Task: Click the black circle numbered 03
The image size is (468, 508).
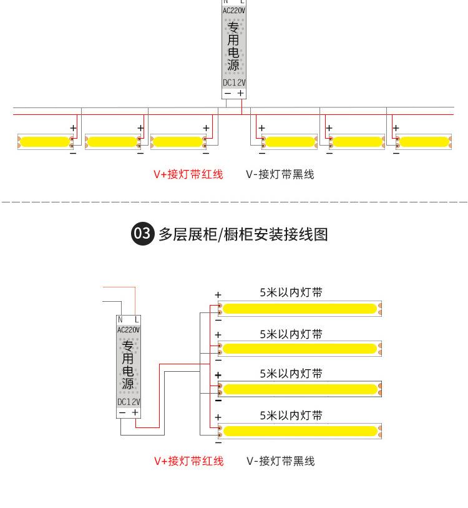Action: pos(142,234)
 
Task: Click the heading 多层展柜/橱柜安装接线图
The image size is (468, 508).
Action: pos(243,234)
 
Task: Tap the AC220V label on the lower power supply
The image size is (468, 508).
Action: pos(129,329)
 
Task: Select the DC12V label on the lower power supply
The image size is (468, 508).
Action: pos(129,402)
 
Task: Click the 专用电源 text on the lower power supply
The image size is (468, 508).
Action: pos(128,365)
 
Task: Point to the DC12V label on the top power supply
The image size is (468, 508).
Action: pos(234,82)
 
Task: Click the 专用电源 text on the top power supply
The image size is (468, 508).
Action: pos(233,47)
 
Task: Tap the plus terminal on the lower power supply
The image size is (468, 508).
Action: pos(135,412)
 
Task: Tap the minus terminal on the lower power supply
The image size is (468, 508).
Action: pos(122,412)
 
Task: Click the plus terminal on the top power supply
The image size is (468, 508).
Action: pos(241,93)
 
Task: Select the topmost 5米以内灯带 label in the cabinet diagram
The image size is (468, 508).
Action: pos(291,292)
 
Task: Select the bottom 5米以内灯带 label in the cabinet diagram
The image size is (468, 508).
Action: pos(291,416)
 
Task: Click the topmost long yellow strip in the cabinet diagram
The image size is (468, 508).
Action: pos(300,309)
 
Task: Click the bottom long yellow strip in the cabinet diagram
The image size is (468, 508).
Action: pos(300,431)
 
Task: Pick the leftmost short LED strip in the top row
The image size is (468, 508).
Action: pos(44,142)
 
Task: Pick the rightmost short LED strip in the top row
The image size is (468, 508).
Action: pos(423,142)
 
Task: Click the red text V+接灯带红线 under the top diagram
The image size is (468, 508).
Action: pos(188,174)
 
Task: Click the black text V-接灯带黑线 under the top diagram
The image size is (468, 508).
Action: pos(280,174)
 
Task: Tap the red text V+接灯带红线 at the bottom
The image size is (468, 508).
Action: pos(188,461)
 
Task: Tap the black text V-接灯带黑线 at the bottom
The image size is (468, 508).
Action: pos(281,461)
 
